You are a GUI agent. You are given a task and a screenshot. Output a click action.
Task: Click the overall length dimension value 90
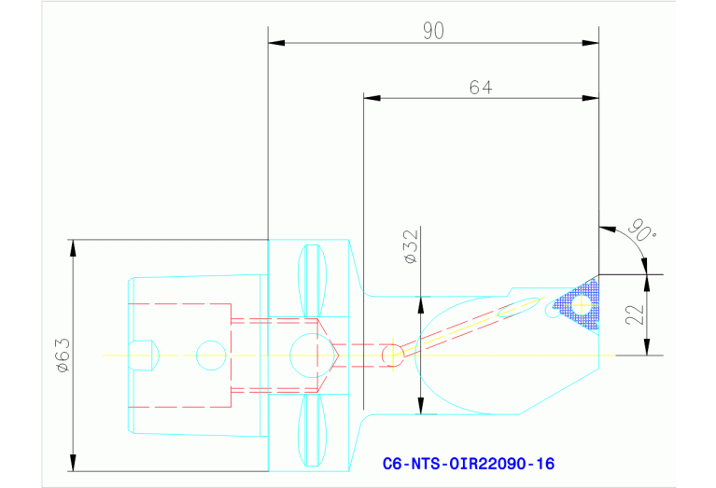432,31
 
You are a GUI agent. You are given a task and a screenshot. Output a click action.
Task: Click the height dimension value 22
636,315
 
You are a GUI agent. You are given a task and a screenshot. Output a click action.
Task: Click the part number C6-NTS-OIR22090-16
469,463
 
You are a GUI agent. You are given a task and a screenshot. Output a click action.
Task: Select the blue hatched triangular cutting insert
579,302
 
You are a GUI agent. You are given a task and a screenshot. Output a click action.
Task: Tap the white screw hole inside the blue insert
583,302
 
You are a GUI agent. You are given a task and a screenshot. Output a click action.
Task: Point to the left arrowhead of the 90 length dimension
275,43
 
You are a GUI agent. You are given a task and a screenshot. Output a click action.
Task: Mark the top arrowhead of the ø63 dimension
72,246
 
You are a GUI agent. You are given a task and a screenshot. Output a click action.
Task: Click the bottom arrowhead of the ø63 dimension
72,465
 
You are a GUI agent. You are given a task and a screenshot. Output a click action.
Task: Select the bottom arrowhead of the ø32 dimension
421,407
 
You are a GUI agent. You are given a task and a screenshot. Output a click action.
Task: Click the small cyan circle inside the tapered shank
210,356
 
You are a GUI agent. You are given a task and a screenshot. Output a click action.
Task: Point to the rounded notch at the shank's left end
145,356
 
